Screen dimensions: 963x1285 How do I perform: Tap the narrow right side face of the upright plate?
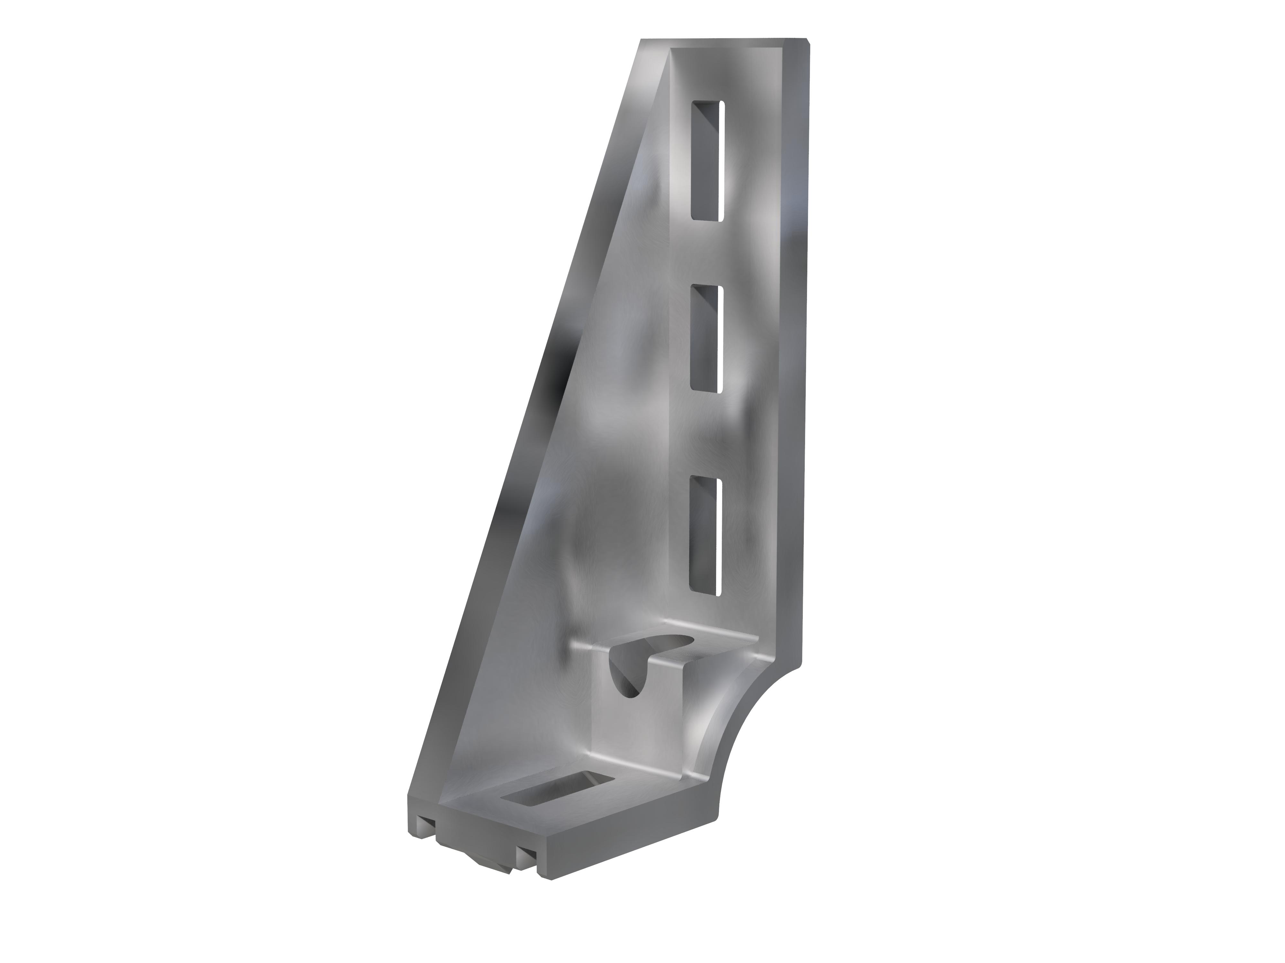795,348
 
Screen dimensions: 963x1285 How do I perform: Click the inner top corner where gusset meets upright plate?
671,55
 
